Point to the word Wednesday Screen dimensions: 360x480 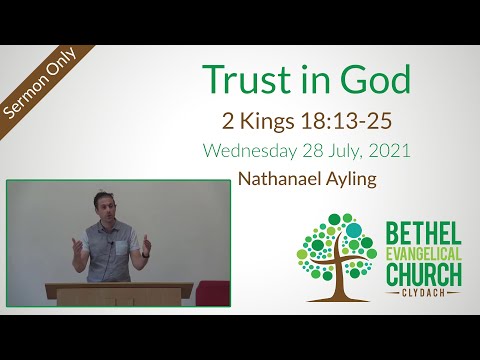(250, 153)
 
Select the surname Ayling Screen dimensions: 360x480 (356, 181)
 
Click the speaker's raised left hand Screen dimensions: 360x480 (148, 244)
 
